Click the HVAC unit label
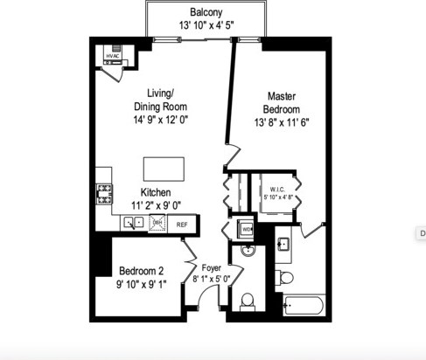[x=112, y=57]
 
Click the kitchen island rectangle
[x=164, y=169]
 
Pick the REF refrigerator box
[x=182, y=224]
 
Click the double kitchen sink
[x=134, y=223]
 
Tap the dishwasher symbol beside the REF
[x=158, y=224]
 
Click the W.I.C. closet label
[x=278, y=189]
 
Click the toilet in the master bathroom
[x=285, y=278]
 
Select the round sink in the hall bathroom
[x=248, y=253]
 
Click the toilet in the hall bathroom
[x=248, y=301]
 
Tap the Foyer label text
[x=211, y=268]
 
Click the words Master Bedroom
[x=282, y=103]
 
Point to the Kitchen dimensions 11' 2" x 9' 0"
[x=157, y=205]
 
